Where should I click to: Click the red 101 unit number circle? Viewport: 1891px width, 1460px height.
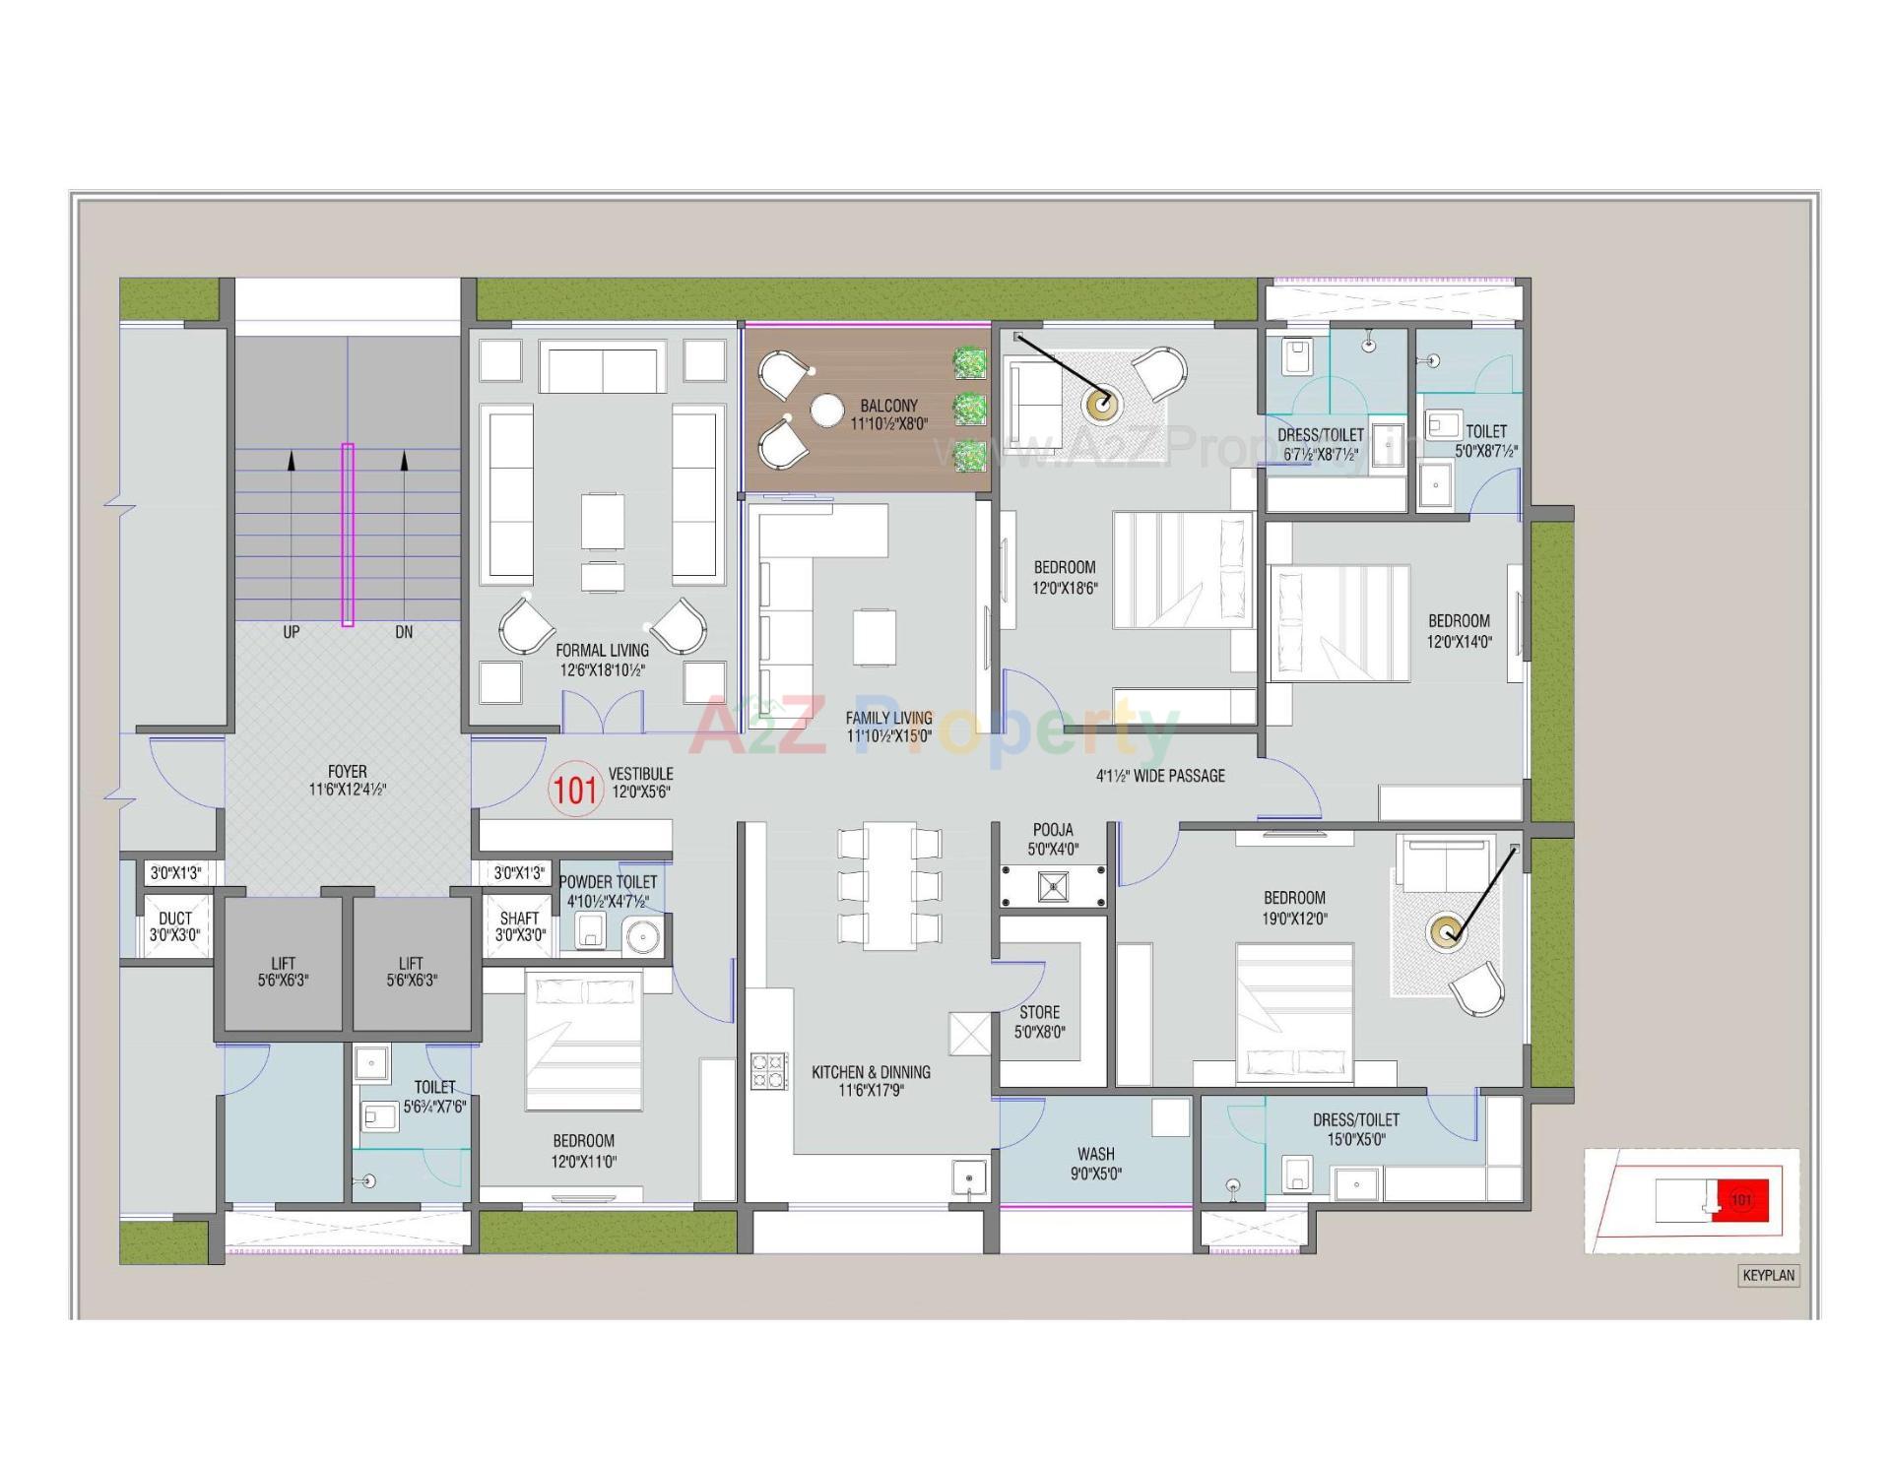click(x=575, y=790)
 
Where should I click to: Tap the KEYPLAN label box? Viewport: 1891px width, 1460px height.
click(x=1769, y=1276)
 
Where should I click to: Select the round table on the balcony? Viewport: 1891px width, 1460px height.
click(x=827, y=411)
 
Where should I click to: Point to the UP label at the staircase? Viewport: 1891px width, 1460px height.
click(x=292, y=632)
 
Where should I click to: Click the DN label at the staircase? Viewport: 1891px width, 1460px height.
click(x=404, y=632)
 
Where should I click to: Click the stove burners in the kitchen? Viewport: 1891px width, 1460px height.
click(x=769, y=1071)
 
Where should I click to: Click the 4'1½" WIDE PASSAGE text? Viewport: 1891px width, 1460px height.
click(x=1160, y=776)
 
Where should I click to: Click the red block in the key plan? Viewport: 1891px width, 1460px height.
click(x=1741, y=1200)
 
